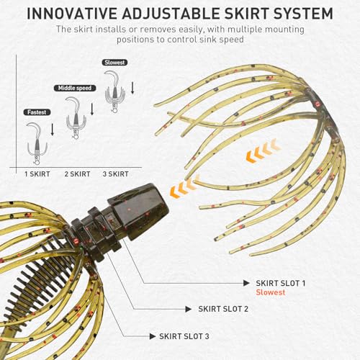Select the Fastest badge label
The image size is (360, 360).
[37, 112]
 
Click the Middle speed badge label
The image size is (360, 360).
[75, 88]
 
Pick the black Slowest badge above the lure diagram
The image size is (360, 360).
[114, 63]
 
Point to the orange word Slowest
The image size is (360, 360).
[271, 292]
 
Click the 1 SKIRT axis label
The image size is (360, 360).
[37, 174]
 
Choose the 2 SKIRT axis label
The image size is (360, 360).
[77, 174]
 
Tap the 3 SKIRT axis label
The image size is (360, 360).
[116, 174]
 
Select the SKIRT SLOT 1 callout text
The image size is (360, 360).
[281, 283]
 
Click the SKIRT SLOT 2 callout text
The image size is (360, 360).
[223, 309]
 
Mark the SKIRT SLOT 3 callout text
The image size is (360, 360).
[184, 336]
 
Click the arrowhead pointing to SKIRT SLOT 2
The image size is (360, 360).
[189, 309]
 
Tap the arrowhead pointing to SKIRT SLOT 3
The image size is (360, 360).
[153, 336]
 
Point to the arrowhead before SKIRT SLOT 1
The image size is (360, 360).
[246, 283]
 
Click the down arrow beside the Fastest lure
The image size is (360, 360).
[53, 130]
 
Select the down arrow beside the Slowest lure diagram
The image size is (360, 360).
[132, 88]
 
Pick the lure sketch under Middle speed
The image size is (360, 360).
[76, 117]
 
